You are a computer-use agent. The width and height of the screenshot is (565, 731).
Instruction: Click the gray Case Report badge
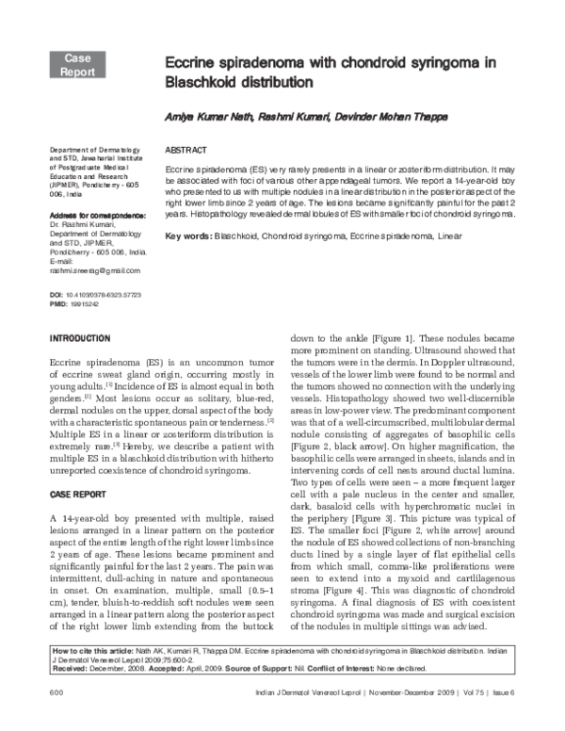tap(78, 64)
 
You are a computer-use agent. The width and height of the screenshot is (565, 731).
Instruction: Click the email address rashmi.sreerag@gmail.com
tap(88, 270)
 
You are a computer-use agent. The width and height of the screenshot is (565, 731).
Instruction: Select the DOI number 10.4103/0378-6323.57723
tap(107, 295)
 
